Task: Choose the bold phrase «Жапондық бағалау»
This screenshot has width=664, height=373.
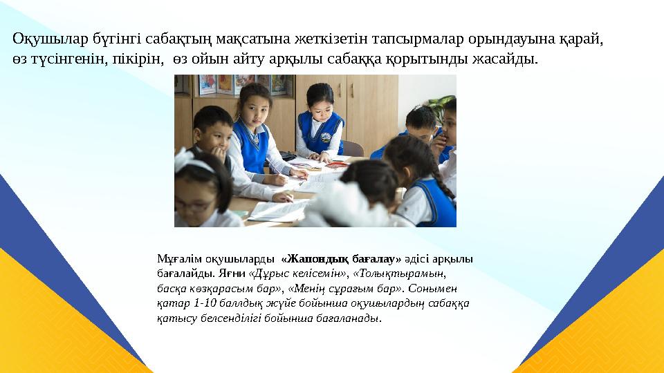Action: pyautogui.click(x=341, y=259)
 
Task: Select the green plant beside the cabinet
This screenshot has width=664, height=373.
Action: pyautogui.click(x=439, y=107)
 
